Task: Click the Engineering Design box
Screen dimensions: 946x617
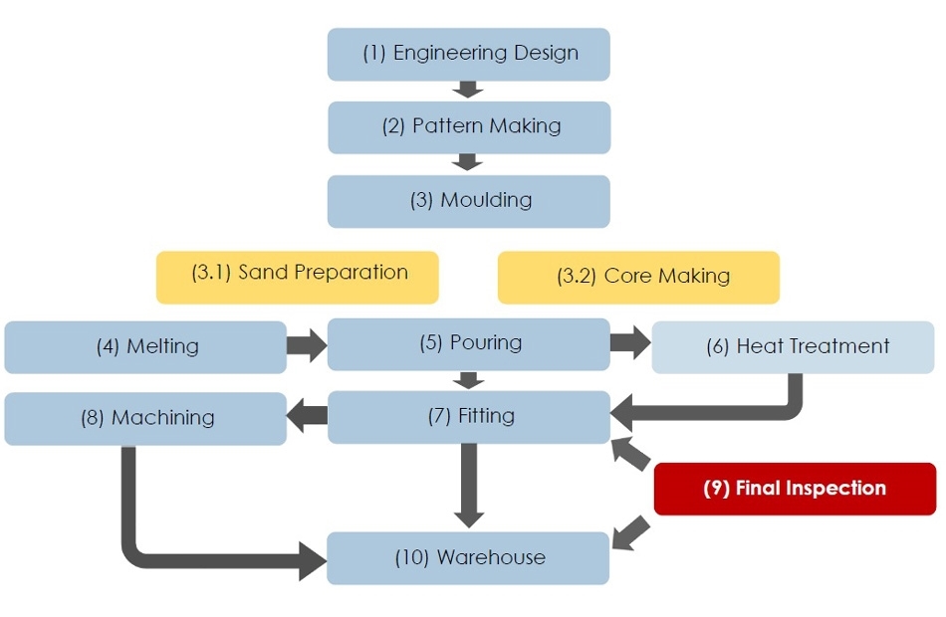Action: point(469,55)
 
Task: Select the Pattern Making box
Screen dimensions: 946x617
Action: point(469,127)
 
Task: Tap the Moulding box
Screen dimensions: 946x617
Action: point(469,201)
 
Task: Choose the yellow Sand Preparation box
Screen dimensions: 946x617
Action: point(298,278)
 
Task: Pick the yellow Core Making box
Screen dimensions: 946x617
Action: point(639,278)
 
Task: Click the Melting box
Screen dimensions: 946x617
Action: point(145,347)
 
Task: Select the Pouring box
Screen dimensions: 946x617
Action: point(469,344)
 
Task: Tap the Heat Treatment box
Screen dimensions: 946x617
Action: point(794,347)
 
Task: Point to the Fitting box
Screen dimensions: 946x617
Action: point(469,417)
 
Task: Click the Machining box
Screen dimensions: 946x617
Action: point(145,419)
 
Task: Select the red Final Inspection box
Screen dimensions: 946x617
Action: point(796,490)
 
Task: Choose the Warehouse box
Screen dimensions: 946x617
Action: point(468,558)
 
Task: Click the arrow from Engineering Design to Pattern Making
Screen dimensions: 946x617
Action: point(468,90)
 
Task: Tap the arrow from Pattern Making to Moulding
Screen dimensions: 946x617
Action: point(468,162)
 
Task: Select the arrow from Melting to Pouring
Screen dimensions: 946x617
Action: point(307,345)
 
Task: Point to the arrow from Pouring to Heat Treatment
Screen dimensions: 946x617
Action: point(630,342)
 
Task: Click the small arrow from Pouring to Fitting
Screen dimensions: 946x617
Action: point(469,380)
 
